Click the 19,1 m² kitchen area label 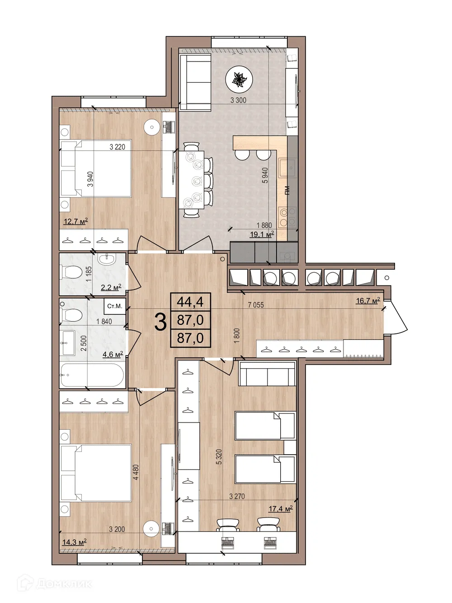[262, 234]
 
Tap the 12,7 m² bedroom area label [75, 221]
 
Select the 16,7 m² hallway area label [367, 300]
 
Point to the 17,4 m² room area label [281, 508]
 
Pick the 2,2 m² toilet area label [111, 287]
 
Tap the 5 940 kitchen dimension [265, 175]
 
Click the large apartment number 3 [160, 322]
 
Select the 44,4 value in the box [190, 301]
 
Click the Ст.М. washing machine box [114, 306]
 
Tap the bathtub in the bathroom [92, 375]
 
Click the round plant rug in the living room [238, 80]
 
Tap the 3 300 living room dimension [238, 100]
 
